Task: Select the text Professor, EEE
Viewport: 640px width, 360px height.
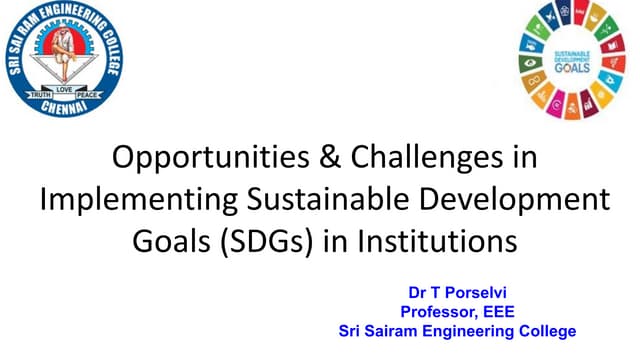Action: pyautogui.click(x=457, y=313)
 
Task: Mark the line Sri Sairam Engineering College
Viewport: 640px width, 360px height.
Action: pyautogui.click(x=457, y=331)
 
